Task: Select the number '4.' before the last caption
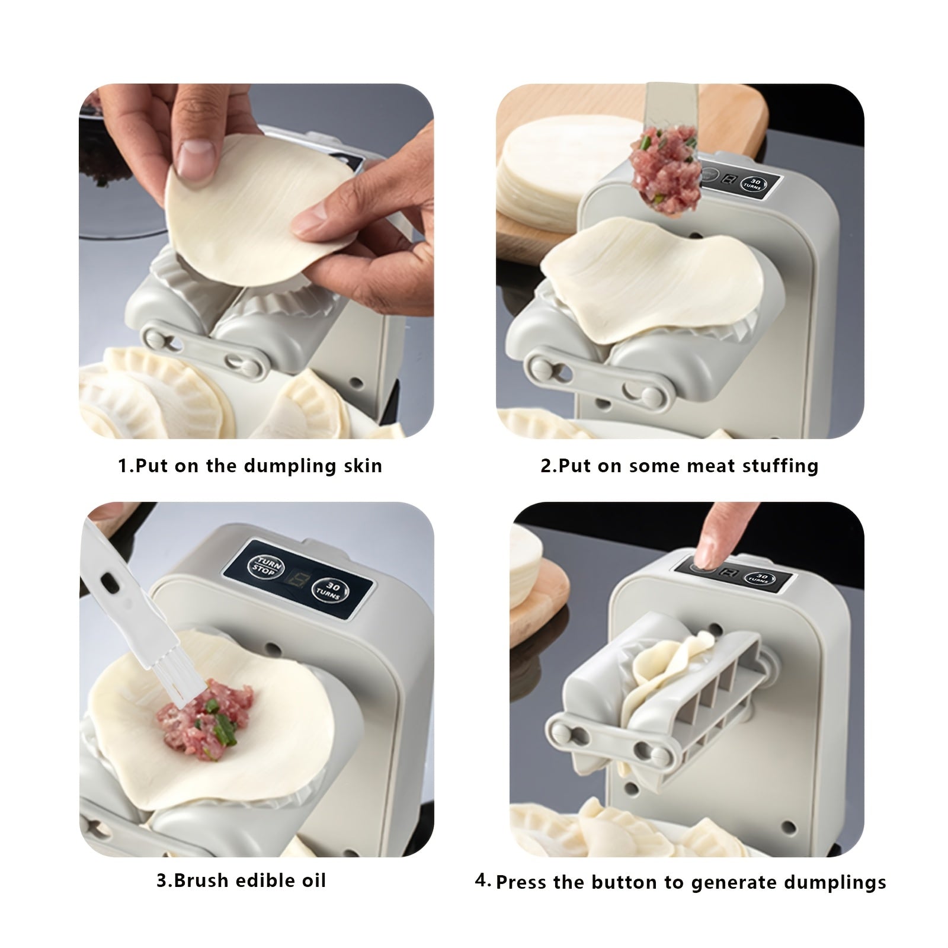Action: pyautogui.click(x=483, y=880)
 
